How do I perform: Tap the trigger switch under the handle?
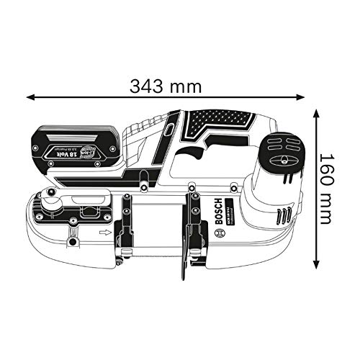pyautogui.click(x=195, y=152)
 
